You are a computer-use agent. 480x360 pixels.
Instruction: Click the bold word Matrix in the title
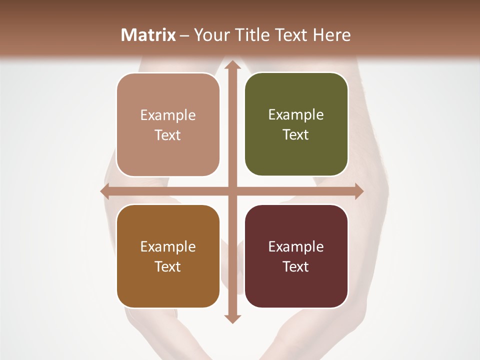coord(148,35)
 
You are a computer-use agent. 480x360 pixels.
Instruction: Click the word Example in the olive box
coord(296,115)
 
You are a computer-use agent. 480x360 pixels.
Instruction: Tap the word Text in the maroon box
coord(296,266)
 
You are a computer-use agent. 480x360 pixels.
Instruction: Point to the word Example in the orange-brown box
coord(168,246)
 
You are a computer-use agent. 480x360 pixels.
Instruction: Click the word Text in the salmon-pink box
coord(168,135)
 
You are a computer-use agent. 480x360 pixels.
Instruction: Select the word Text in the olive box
coord(296,134)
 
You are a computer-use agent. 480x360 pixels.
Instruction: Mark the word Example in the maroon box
coord(296,246)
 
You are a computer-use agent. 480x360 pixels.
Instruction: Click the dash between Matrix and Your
coord(184,35)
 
